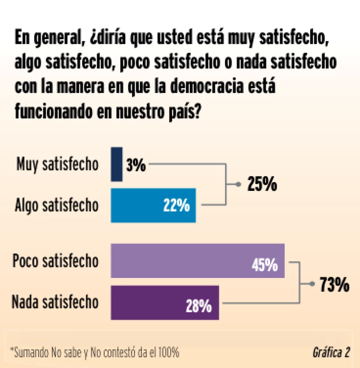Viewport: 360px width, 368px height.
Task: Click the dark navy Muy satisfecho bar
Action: coord(117,164)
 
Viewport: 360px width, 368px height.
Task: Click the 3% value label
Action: coord(136,166)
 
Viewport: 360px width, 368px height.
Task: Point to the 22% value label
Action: coord(177,206)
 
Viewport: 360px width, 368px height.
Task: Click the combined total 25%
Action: coord(262,185)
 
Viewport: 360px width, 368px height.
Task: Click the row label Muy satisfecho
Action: coord(57,165)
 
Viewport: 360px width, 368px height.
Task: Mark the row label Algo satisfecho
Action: coord(56,205)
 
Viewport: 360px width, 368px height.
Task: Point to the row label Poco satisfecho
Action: coord(55,261)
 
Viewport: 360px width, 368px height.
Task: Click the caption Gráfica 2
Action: coord(331,352)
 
